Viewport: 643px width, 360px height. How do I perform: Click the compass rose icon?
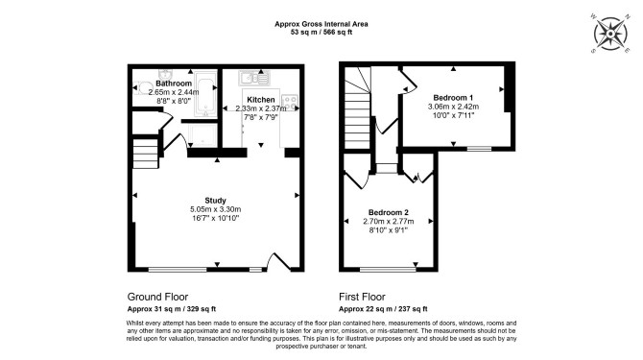(x=610, y=34)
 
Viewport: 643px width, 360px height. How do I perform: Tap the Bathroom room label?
(x=174, y=84)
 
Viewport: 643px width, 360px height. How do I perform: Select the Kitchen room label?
(x=261, y=100)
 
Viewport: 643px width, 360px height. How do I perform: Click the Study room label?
(x=215, y=201)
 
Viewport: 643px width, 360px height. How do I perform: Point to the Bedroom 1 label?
(x=453, y=98)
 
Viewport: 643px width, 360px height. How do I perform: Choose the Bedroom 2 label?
(x=389, y=212)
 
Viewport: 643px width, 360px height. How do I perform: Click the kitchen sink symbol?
(x=254, y=78)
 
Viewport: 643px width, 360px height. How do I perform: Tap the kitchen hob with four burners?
(x=290, y=103)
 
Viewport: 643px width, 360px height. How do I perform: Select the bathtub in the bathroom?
(x=205, y=93)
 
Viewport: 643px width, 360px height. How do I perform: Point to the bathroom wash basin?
(x=165, y=74)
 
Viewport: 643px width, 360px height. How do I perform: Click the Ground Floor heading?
(x=158, y=297)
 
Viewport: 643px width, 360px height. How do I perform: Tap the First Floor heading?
(x=362, y=297)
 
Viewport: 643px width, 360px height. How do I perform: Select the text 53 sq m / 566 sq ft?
(x=321, y=32)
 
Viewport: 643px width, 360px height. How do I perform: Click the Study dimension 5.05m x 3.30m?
(x=215, y=209)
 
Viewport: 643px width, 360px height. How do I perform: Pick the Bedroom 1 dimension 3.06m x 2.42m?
(x=453, y=107)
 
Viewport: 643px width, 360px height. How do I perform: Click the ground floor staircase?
(x=146, y=154)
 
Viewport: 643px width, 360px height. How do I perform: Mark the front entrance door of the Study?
(x=279, y=261)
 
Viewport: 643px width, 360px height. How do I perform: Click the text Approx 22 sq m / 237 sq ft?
(x=383, y=309)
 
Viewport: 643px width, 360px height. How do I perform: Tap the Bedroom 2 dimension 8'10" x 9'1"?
(x=389, y=230)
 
